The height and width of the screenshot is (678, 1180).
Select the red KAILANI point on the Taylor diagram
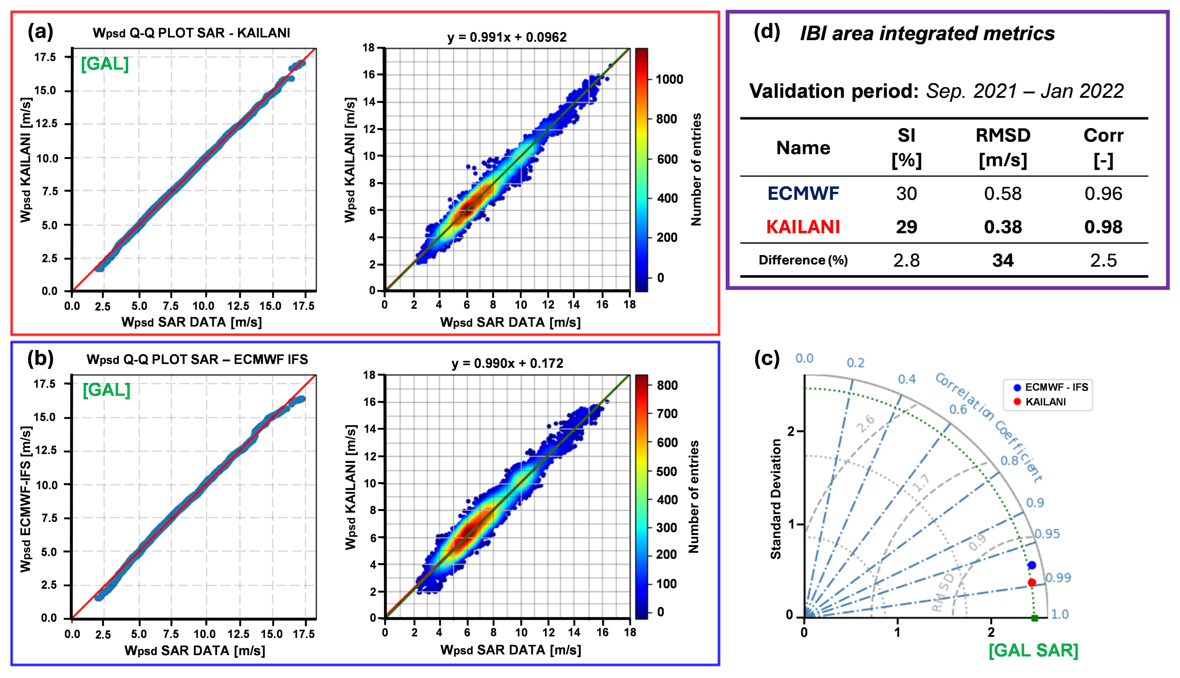1031,583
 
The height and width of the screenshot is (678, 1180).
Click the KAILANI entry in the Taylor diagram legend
1045,402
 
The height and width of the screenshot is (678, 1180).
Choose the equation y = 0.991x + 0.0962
507,37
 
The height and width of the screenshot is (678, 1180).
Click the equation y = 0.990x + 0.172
507,363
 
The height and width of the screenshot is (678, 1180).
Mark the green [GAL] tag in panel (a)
105,64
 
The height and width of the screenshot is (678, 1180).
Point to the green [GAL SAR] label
1033,650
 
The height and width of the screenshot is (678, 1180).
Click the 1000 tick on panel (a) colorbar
669,79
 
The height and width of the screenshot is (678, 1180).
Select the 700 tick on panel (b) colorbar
667,413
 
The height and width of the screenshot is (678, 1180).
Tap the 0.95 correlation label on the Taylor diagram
1047,534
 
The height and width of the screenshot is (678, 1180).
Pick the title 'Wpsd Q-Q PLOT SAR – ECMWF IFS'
197,360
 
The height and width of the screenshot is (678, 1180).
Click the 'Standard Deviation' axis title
775,499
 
